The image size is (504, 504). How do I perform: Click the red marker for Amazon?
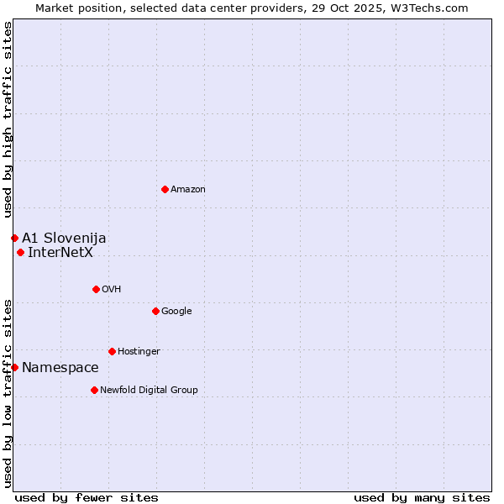pyautogui.click(x=165, y=189)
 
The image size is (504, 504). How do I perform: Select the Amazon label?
pyautogui.click(x=188, y=190)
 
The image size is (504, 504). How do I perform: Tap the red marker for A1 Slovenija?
pyautogui.click(x=14, y=238)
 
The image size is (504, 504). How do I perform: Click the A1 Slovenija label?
pyautogui.click(x=64, y=239)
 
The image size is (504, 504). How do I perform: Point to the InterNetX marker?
pyautogui.click(x=20, y=252)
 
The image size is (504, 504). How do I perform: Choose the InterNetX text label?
pyautogui.click(x=60, y=252)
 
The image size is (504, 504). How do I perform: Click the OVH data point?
pyautogui.click(x=96, y=289)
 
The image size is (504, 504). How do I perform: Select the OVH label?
pyautogui.click(x=112, y=290)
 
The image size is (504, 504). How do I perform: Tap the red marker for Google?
pyautogui.click(x=155, y=311)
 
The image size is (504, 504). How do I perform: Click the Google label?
pyautogui.click(x=176, y=312)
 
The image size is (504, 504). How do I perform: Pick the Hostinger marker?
pyautogui.click(x=112, y=351)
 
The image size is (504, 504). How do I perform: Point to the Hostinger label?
pyautogui.click(x=139, y=352)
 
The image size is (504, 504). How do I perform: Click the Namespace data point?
pyautogui.click(x=14, y=367)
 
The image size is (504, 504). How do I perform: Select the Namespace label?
pyautogui.click(x=60, y=368)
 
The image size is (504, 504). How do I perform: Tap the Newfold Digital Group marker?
pyautogui.click(x=94, y=390)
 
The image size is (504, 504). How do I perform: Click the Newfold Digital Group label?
pyautogui.click(x=149, y=391)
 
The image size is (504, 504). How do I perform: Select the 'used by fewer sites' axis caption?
pyautogui.click(x=87, y=498)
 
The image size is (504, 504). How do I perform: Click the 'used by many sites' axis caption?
pyautogui.click(x=422, y=498)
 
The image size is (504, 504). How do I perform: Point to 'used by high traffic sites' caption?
pyautogui.click(x=8, y=120)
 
